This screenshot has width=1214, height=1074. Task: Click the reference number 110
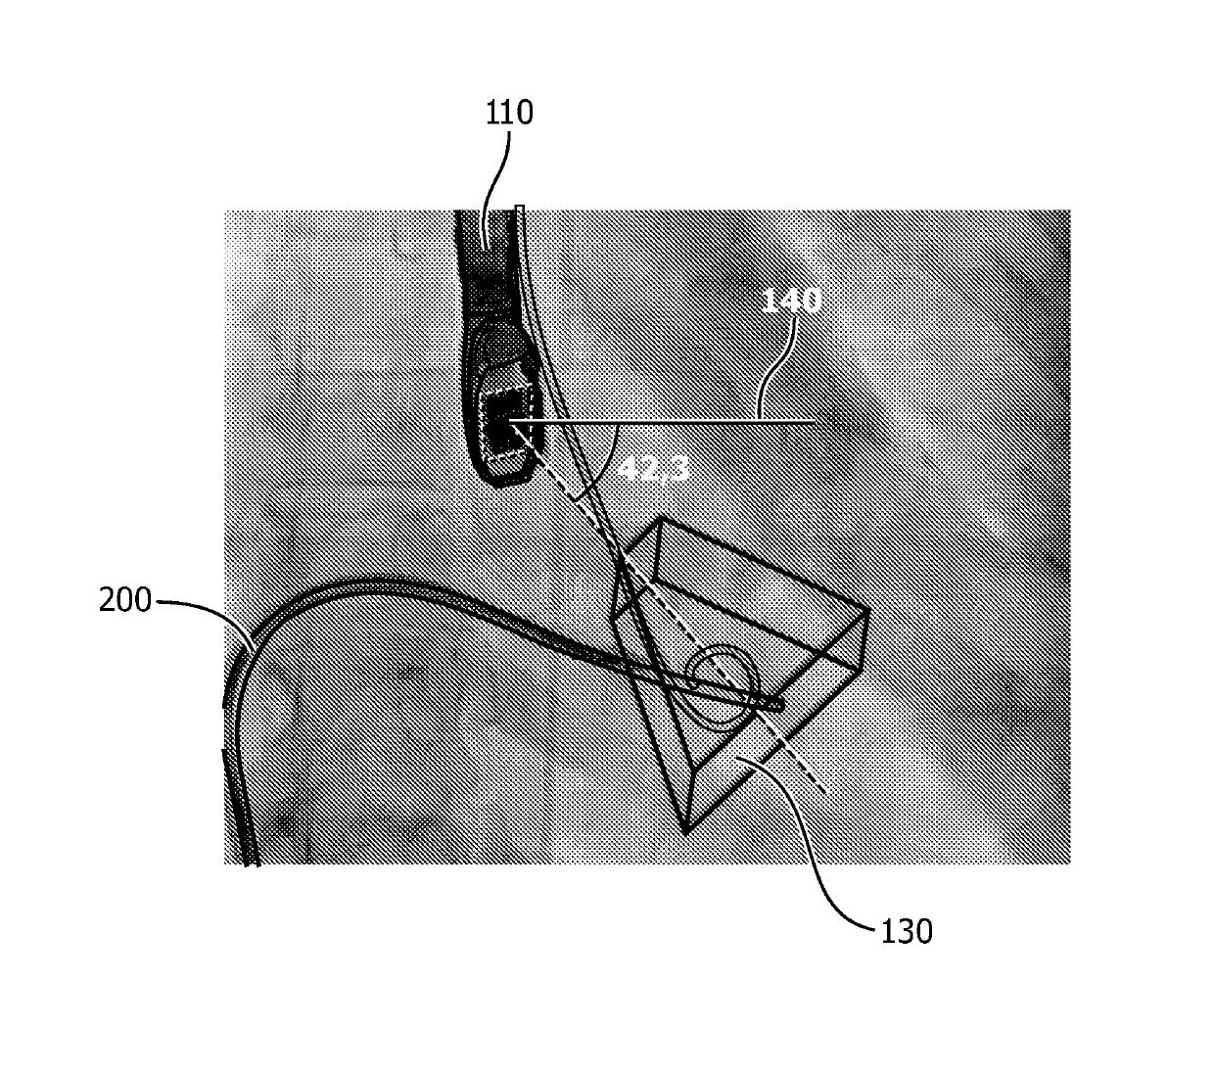pos(509,114)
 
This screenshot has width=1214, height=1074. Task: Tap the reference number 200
pos(125,599)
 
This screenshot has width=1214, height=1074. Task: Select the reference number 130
pos(906,932)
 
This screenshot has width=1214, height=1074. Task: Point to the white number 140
pos(791,301)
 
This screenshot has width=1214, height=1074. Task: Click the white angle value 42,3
pos(654,468)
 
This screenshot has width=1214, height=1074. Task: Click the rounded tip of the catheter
pos(778,704)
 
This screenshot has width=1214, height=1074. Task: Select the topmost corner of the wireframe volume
pos(662,517)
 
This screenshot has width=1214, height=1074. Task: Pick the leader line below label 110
pos(498,186)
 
